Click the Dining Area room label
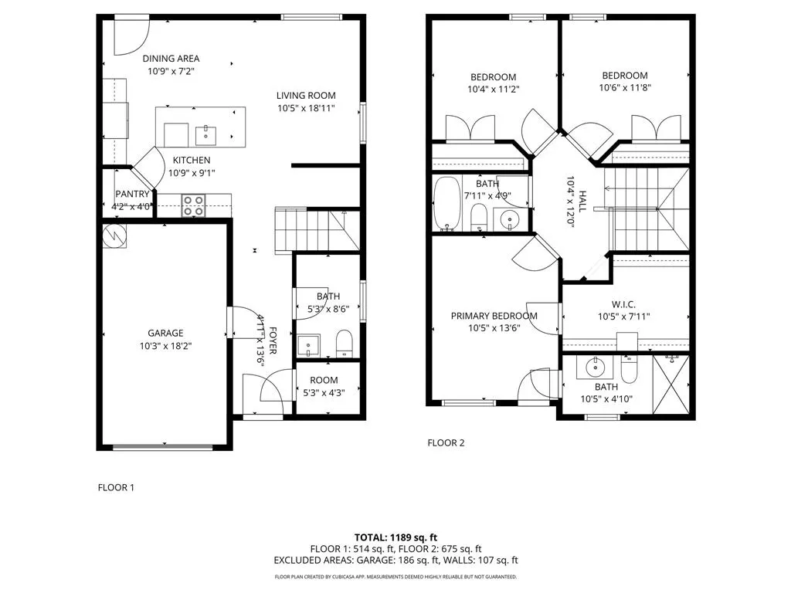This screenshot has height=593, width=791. click(x=171, y=59)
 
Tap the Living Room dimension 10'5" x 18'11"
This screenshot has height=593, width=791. click(x=306, y=108)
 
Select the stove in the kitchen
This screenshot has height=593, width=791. click(x=193, y=205)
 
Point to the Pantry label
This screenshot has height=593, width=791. click(x=132, y=194)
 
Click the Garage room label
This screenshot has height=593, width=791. click(x=166, y=334)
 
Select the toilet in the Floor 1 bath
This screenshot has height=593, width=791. click(x=345, y=341)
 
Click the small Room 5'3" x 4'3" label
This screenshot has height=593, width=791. click(x=323, y=380)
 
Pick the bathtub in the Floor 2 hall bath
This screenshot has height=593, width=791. click(x=446, y=204)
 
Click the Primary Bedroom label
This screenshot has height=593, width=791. click(x=494, y=316)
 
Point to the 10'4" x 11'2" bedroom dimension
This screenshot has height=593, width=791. click(x=494, y=90)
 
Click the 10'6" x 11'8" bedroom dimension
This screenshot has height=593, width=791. click(x=624, y=88)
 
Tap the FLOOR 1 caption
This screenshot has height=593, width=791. click(x=116, y=487)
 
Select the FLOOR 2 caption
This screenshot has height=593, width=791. click(x=446, y=443)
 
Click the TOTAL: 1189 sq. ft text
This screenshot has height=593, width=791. click(x=395, y=537)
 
